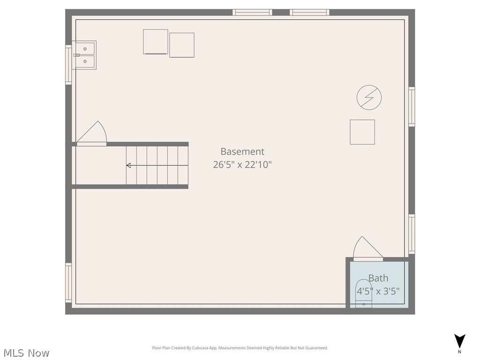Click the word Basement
[242, 151]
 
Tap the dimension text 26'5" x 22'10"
[242, 165]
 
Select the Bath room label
[378, 278]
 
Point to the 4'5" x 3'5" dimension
[378, 291]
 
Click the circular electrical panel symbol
[369, 97]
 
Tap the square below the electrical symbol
[362, 132]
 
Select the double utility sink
[85, 55]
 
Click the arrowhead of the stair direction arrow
[128, 165]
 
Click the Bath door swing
[367, 248]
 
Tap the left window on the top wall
[252, 12]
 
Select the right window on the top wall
[309, 12]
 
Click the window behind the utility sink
[68, 64]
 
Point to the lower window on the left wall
[68, 283]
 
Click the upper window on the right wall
[412, 106]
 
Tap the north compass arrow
[460, 341]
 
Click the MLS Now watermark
[26, 353]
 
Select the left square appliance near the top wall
[156, 42]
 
